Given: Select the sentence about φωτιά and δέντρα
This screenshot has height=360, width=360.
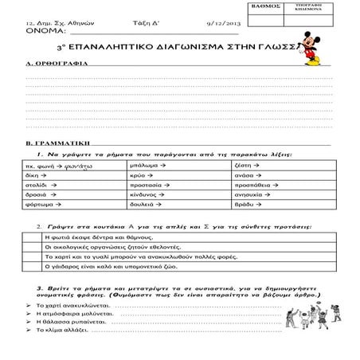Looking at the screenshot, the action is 104,238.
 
